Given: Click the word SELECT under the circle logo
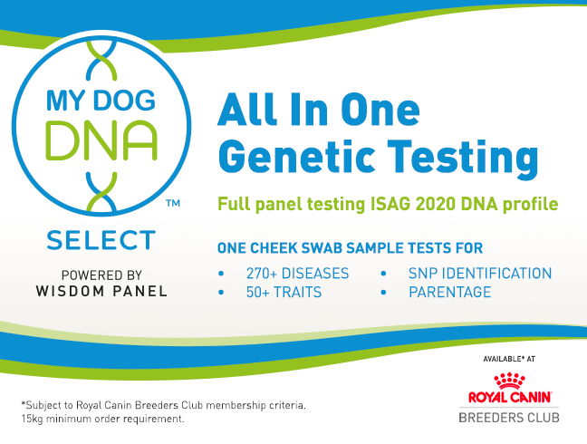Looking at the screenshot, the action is tap(101, 240).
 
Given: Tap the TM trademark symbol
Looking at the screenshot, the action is tap(173, 203).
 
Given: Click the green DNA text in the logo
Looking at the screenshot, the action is tap(101, 140).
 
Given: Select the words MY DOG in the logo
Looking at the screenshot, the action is tap(101, 101).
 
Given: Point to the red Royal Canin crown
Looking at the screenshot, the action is tap(509, 381).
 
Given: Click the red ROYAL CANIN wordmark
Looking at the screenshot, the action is tap(509, 397).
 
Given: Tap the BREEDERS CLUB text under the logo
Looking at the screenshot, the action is tap(509, 418).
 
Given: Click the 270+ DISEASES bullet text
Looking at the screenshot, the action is tap(298, 274).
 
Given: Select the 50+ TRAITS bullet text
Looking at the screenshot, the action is tap(284, 292).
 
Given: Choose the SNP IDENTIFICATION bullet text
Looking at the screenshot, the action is tap(480, 274).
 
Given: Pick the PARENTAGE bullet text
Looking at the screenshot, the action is tap(449, 292).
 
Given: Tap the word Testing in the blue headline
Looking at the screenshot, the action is tap(463, 158).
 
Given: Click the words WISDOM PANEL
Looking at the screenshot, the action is tap(101, 291).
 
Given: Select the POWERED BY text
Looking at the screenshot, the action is tap(101, 275).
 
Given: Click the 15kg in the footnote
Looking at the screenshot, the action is tap(33, 419).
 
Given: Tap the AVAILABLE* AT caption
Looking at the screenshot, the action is tap(509, 359).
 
